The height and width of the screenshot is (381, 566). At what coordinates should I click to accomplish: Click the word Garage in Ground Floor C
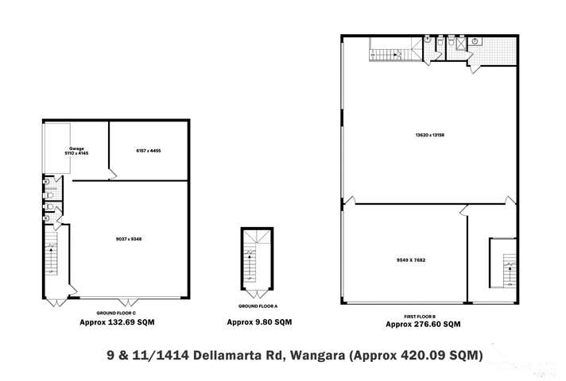click(76, 148)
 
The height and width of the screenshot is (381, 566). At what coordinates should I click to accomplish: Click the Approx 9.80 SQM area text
click(259, 322)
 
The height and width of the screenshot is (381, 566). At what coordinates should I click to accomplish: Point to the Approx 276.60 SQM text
click(423, 324)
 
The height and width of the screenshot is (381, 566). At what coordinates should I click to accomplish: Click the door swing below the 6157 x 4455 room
click(113, 172)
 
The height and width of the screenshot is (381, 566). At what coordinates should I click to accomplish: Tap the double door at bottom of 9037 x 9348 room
click(127, 301)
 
